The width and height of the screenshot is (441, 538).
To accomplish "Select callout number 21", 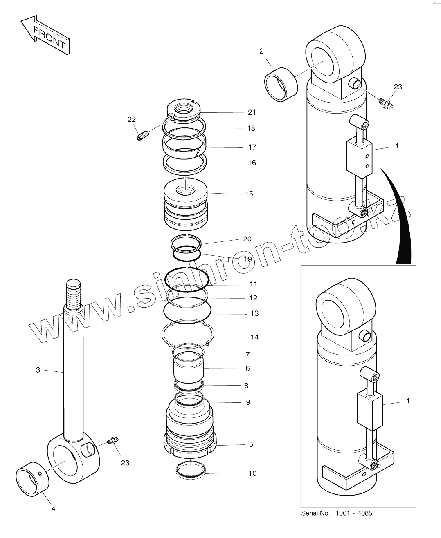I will click(x=251, y=112).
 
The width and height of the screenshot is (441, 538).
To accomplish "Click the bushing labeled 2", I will click(x=280, y=84).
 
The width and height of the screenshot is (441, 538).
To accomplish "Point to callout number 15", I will click(x=249, y=194).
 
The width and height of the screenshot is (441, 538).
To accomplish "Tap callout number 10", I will click(x=252, y=473).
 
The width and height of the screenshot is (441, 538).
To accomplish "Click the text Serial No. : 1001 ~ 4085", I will click(x=336, y=513).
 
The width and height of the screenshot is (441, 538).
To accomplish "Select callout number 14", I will click(x=254, y=337).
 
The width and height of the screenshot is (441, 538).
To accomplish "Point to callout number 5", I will click(x=251, y=444).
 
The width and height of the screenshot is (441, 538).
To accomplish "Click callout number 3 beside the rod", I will click(x=38, y=370).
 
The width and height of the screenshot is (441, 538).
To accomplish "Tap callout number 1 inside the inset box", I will click(x=407, y=401).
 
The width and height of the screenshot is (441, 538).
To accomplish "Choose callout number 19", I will click(x=248, y=259).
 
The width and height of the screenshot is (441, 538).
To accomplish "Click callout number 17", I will click(x=252, y=147).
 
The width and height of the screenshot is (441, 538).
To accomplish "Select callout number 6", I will click(x=248, y=368).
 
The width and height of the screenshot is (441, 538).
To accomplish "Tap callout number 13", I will click(x=254, y=313).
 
